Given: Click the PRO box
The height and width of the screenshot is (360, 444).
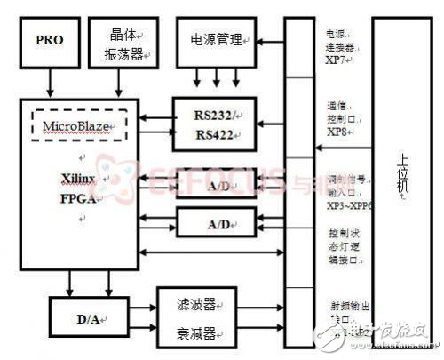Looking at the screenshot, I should coord(50,40).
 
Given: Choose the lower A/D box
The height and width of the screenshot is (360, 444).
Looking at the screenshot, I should coord(216,221).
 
